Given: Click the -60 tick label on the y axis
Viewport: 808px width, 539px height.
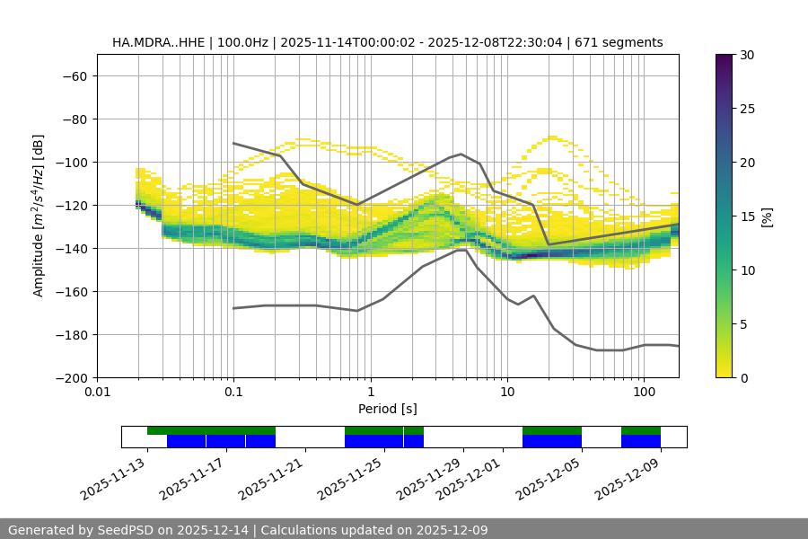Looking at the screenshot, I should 74,75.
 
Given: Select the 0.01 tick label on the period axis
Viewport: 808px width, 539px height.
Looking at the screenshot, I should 97,393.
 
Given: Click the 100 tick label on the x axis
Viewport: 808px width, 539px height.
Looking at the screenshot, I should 644,393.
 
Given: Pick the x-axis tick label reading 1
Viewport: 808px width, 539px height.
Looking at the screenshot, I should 370,393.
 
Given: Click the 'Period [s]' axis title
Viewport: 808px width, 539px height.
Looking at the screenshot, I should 387,409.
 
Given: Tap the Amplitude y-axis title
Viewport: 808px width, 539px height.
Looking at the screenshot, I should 39,216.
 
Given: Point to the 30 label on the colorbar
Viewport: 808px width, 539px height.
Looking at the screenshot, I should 746,55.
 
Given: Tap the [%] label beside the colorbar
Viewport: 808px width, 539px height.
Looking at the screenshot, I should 767,216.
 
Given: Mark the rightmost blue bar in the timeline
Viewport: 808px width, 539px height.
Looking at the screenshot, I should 640,441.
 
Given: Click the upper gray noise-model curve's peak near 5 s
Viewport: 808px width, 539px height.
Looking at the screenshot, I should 461,154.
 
